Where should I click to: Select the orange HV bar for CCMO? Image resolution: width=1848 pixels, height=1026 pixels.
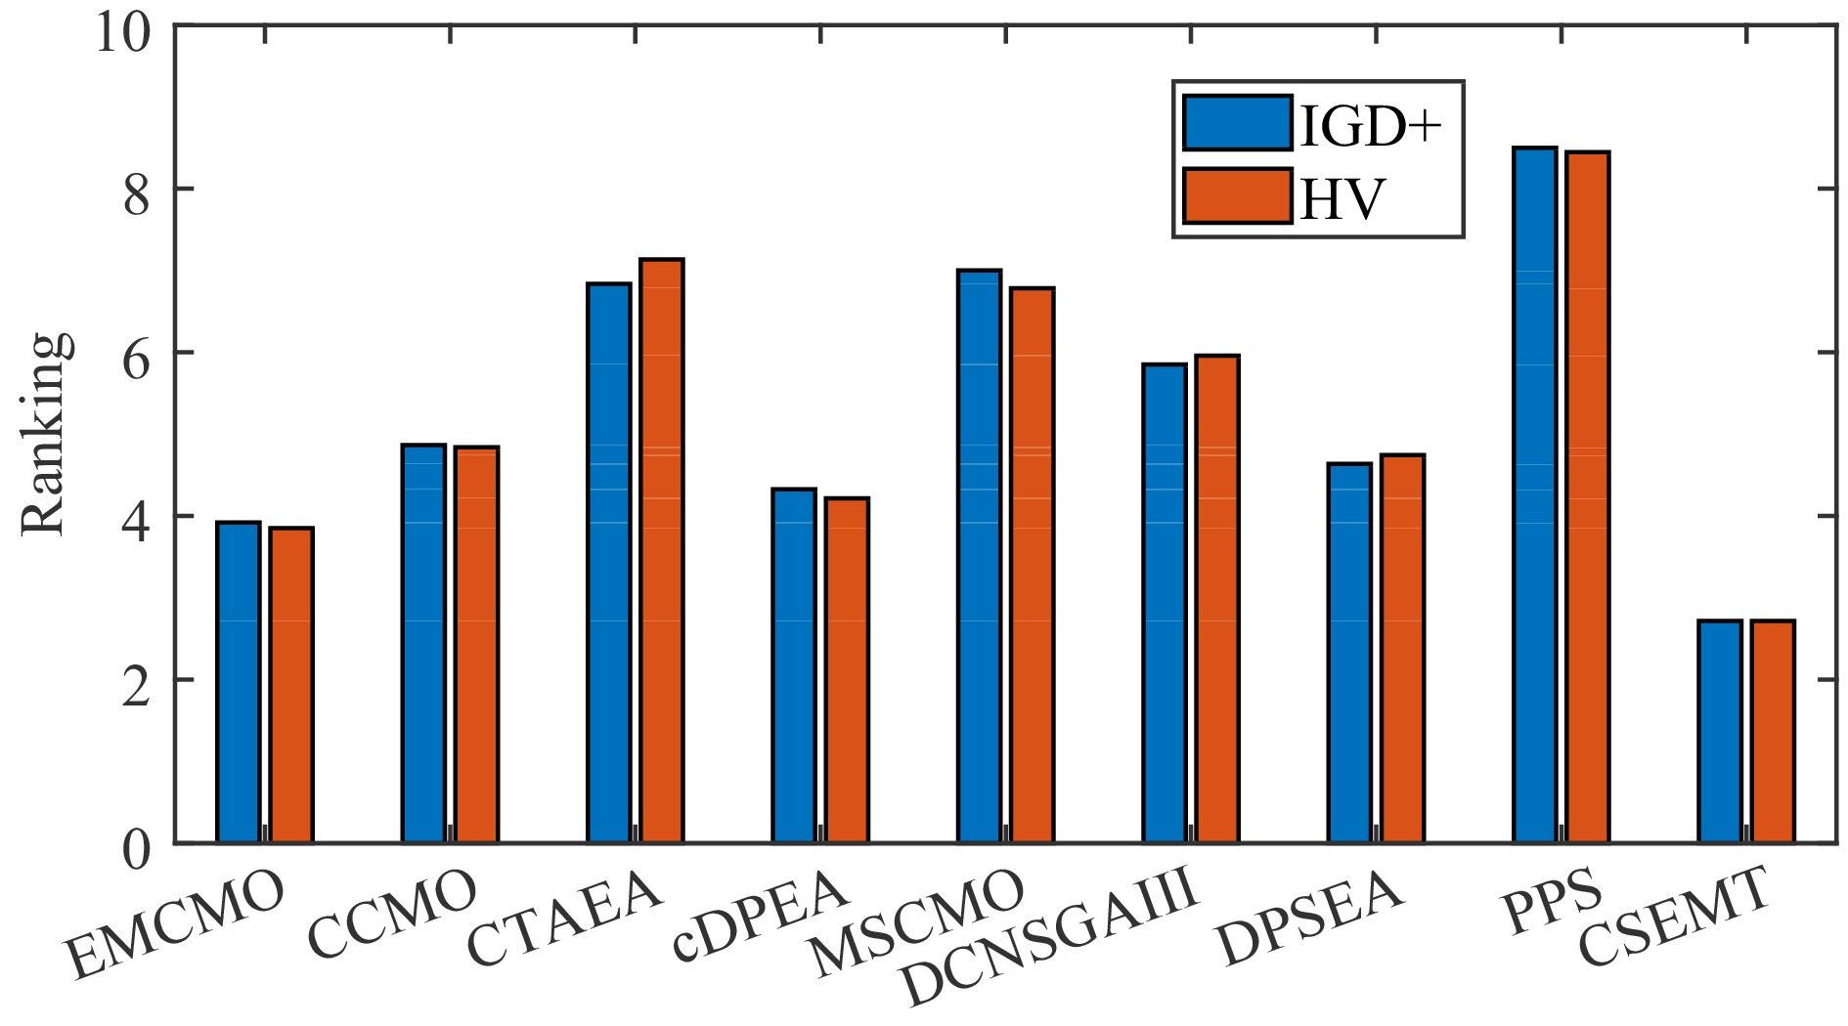(476, 645)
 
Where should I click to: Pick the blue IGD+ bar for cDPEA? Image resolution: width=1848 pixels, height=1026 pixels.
(794, 665)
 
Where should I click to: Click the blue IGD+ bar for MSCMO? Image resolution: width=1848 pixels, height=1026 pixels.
(979, 556)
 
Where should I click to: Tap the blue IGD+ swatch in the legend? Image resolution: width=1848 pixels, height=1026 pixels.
(1237, 123)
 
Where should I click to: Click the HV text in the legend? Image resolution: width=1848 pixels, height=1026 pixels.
(1342, 198)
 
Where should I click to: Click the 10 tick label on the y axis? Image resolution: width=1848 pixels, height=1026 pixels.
(123, 32)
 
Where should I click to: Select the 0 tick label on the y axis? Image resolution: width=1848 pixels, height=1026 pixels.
(136, 849)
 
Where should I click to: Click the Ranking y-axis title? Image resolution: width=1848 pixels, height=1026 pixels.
(45, 434)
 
